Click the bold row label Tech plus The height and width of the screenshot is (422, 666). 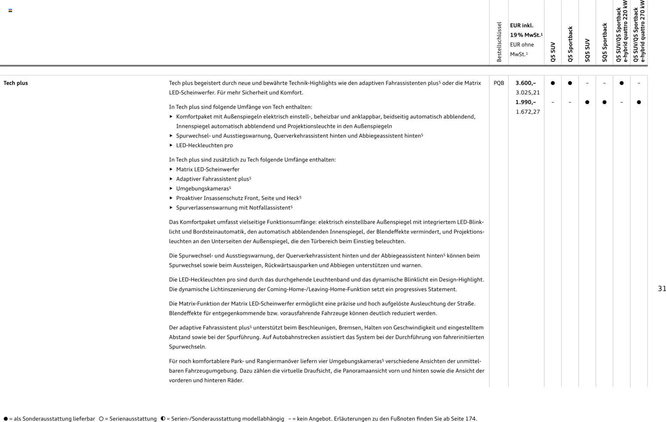15,83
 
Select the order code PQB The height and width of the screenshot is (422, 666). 498,83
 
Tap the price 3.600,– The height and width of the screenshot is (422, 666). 525,83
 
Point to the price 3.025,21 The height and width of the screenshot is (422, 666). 528,92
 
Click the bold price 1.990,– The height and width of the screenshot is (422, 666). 525,102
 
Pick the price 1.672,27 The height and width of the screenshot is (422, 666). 528,112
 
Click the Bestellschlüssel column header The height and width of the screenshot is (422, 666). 499,42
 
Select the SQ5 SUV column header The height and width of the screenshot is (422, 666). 587,50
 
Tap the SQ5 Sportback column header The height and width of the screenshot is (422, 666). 604,43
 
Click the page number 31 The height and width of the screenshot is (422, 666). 662,289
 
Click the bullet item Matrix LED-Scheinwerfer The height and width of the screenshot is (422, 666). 208,169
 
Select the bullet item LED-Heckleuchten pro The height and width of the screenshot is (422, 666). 204,145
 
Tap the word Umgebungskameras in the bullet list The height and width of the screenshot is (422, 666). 202,189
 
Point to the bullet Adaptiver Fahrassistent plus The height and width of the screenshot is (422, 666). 212,179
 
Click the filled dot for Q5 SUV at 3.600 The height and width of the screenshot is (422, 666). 553,83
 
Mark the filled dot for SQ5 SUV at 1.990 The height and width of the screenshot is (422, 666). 587,102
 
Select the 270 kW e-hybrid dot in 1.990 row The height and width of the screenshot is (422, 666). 639,102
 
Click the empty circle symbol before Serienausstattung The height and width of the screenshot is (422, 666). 101,419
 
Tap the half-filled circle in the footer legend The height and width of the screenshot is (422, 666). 163,419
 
